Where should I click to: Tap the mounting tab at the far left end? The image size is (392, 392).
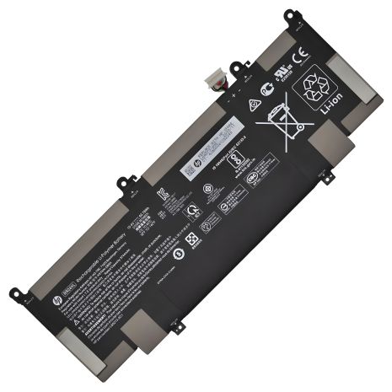click(x=15, y=294)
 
